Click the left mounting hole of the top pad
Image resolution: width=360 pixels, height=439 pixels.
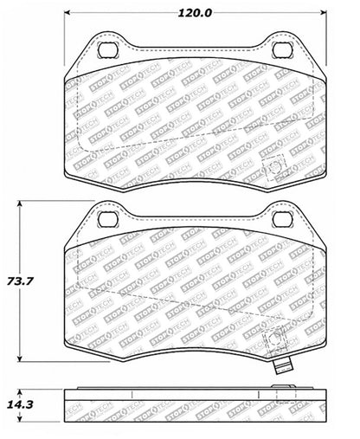[x=107, y=50]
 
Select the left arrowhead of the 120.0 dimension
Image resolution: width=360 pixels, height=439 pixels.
[x=69, y=15]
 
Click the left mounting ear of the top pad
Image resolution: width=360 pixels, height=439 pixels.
[x=106, y=50]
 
